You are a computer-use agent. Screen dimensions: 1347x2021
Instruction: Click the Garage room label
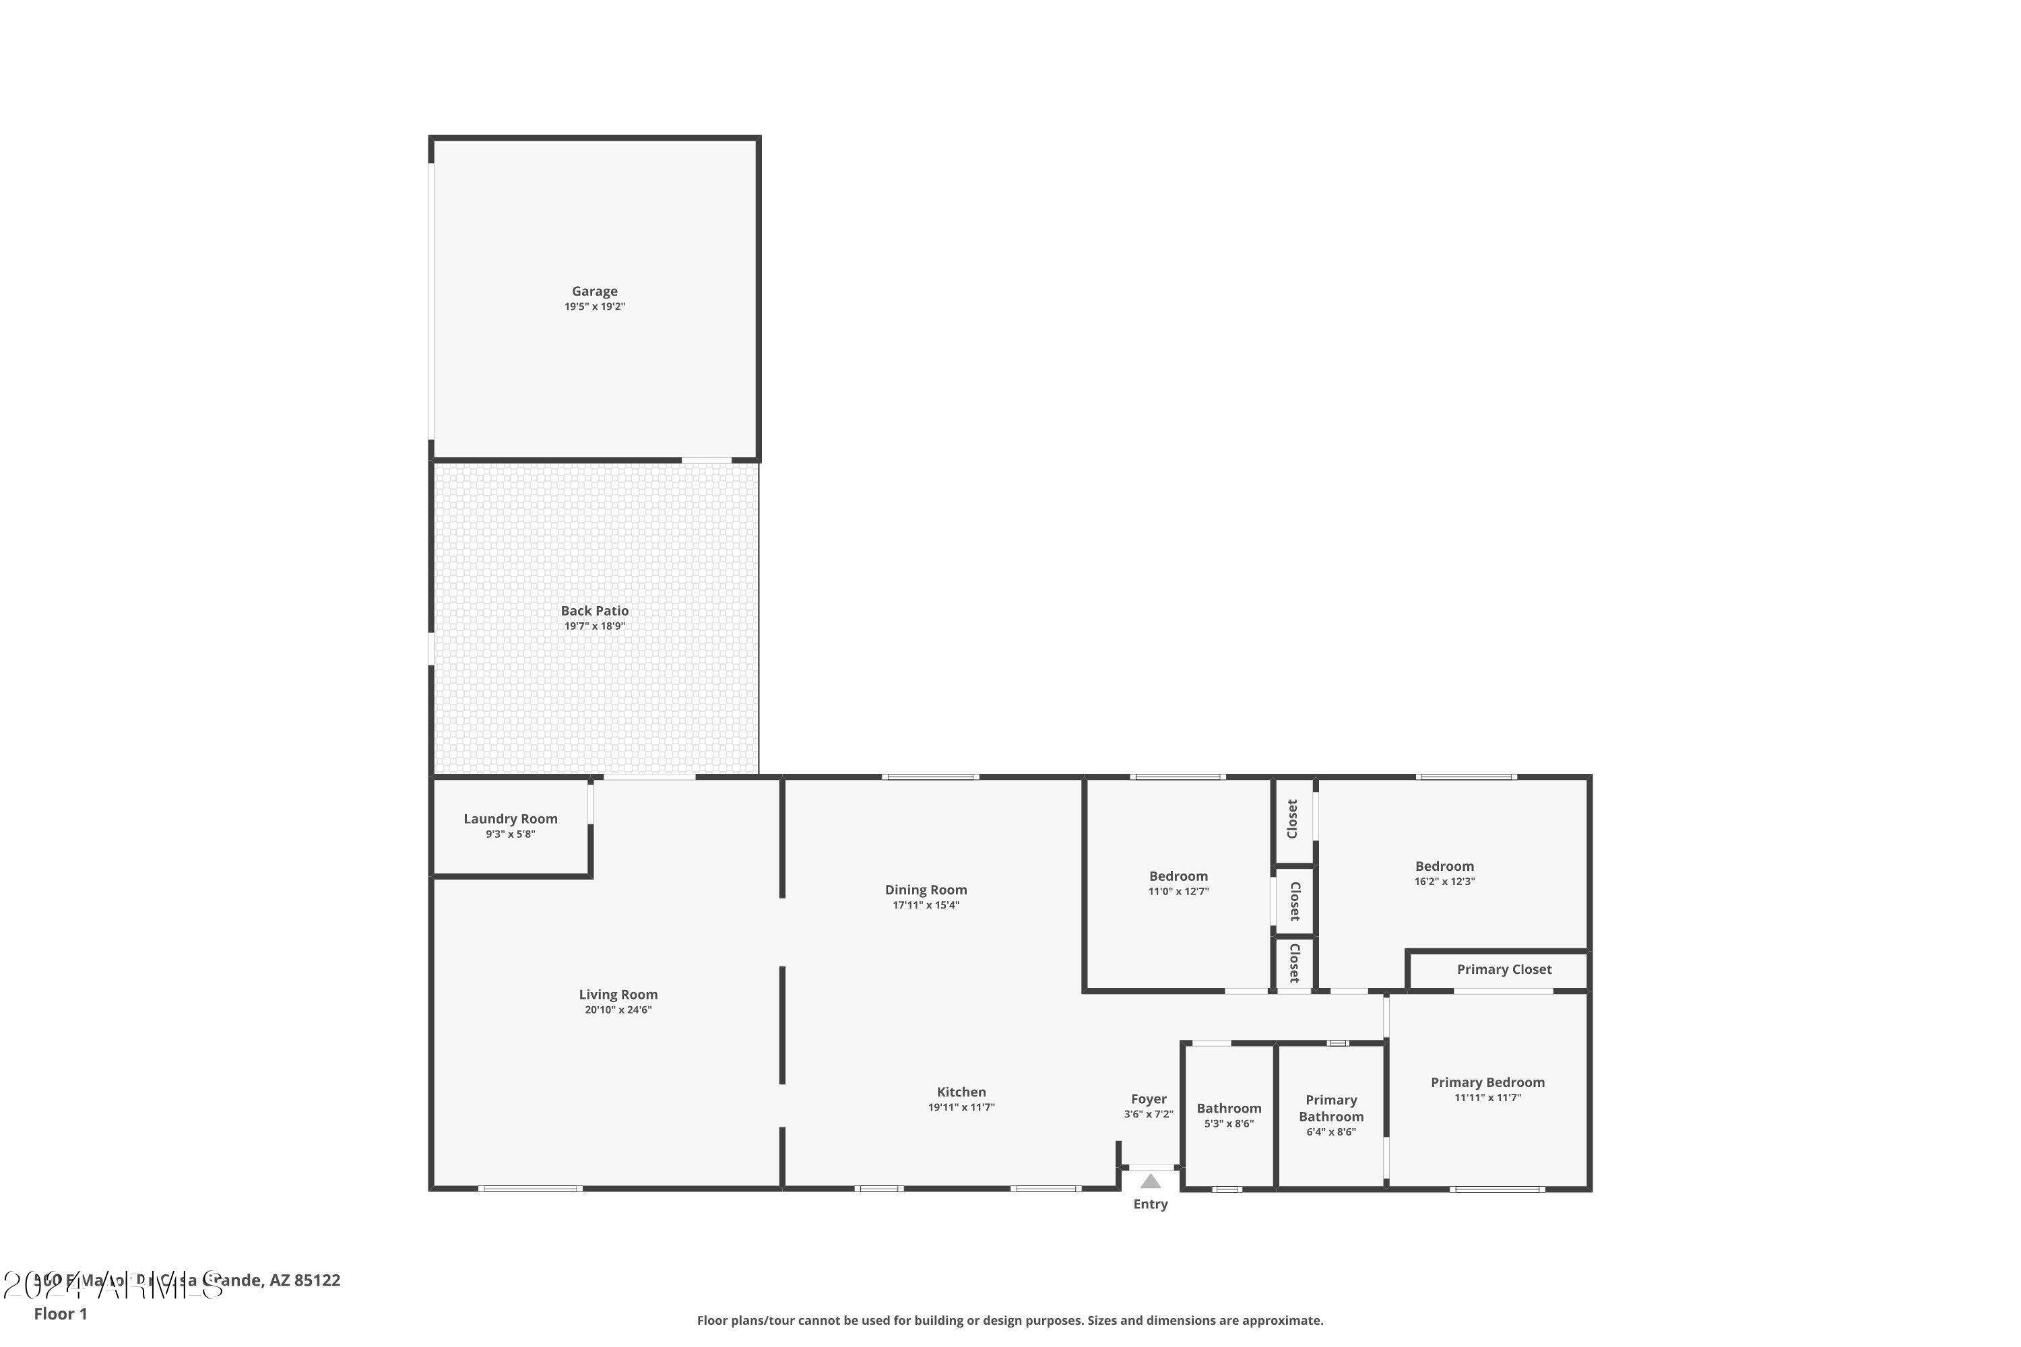click(595, 291)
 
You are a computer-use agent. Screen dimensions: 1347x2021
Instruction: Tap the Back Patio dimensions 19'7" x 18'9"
click(595, 626)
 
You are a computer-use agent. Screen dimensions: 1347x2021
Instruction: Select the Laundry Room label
click(511, 819)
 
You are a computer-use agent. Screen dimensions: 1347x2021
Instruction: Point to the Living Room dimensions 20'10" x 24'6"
click(618, 1010)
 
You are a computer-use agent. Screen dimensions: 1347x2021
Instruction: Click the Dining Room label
click(926, 890)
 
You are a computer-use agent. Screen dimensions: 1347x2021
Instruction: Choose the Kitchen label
click(961, 1092)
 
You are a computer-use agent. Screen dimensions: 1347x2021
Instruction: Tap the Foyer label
click(1148, 1098)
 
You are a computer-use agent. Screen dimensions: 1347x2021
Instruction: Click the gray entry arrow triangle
click(1151, 1181)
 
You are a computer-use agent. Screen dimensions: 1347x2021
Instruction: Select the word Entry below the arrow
click(1151, 1204)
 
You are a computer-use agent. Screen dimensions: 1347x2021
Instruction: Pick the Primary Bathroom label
click(1331, 1108)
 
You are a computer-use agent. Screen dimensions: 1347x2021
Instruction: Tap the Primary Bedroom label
click(1487, 1082)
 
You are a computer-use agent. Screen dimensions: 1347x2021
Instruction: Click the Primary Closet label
click(1504, 969)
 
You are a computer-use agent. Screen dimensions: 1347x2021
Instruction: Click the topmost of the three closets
click(1292, 819)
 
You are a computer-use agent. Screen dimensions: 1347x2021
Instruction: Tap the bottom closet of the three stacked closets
click(1294, 963)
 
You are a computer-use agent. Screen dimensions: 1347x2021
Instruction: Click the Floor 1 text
click(60, 1313)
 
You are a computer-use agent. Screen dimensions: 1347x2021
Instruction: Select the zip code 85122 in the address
click(317, 1280)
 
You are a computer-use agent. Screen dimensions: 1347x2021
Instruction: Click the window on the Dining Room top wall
click(930, 777)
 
